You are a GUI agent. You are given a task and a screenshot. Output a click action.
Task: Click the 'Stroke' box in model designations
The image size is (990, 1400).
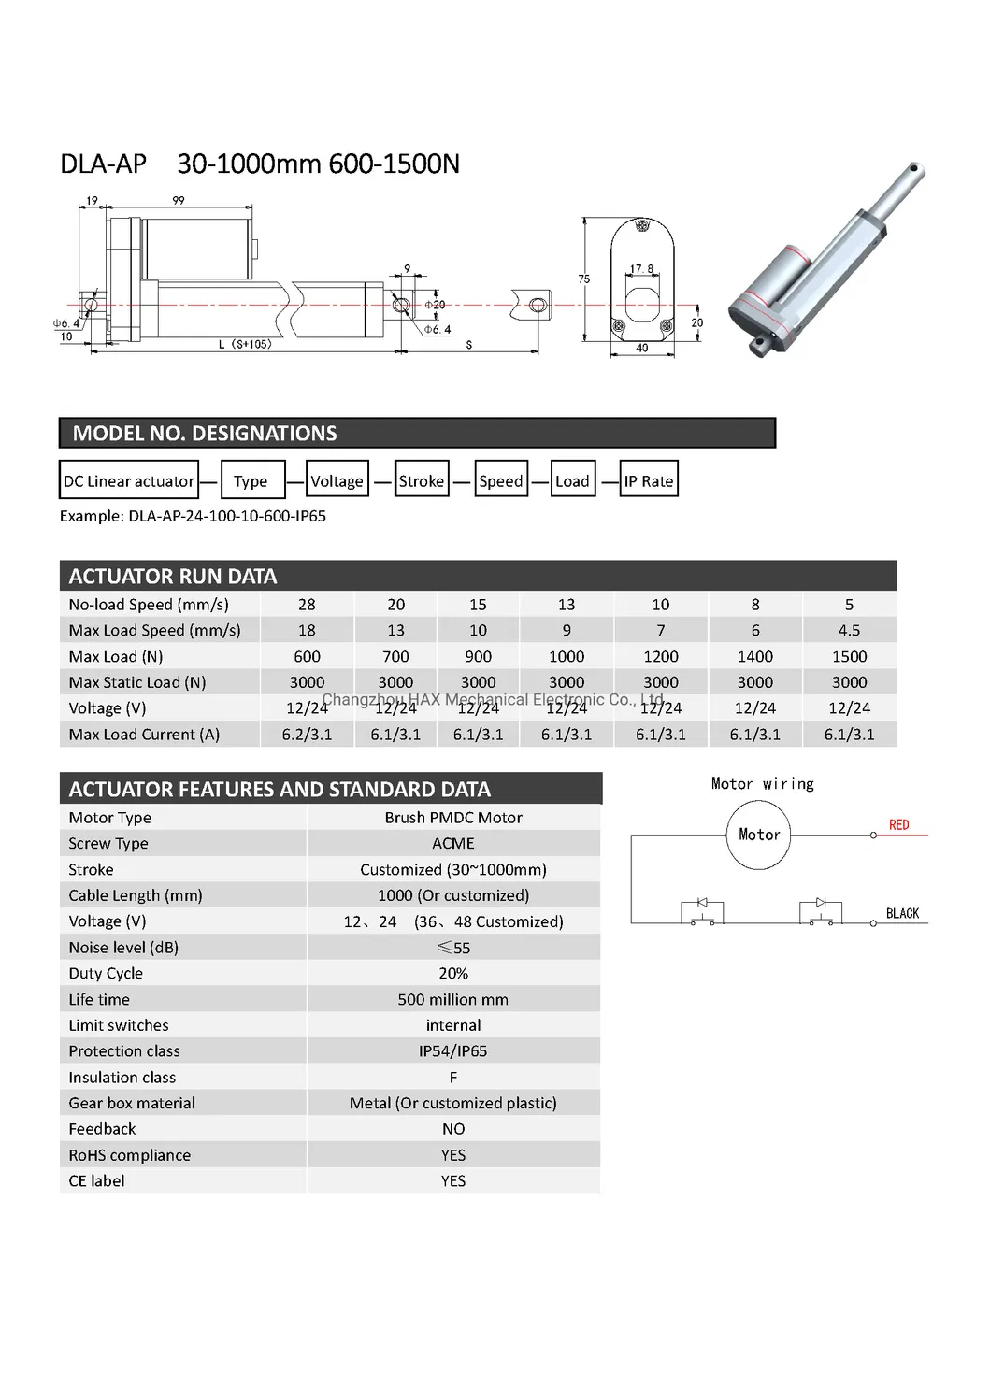coord(422,480)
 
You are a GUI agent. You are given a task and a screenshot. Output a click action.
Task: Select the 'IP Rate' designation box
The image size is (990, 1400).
coord(648,480)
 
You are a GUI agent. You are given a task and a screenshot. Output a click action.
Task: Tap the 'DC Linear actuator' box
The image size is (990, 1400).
coord(129,480)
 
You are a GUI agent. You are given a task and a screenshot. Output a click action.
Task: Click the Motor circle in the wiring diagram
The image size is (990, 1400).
coord(758,835)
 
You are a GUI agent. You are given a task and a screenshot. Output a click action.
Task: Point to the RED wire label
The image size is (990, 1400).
coord(898,824)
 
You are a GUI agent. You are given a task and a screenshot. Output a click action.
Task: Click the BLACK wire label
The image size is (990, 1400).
coord(902,913)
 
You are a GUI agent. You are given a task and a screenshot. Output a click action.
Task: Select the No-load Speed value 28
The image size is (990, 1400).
coord(307,605)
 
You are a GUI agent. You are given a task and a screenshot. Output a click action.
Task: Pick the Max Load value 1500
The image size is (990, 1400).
coord(849,656)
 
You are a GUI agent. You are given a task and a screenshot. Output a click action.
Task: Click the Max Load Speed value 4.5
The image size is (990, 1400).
coord(849,630)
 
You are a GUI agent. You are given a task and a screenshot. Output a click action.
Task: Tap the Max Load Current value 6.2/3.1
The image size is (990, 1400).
coord(307,735)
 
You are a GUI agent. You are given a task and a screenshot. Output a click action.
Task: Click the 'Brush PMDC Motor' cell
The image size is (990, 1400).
coord(453,818)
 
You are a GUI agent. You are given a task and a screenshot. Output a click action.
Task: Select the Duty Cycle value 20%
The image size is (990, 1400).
coord(453,973)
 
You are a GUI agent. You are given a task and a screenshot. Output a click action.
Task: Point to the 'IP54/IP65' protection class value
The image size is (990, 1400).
coord(453,1050)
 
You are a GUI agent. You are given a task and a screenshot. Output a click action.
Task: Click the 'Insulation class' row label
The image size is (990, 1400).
coord(122,1077)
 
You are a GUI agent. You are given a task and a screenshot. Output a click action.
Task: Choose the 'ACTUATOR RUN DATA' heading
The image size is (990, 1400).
coord(173,576)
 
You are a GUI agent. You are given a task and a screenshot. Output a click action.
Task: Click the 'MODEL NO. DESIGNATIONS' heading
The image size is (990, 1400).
coord(205,434)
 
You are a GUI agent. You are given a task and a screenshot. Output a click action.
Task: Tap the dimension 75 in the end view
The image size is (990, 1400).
coord(583,279)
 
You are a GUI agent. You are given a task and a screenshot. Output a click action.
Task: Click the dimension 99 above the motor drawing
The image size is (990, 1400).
coord(179,200)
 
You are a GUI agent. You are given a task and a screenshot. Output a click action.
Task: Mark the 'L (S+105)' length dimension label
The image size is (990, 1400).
coord(245,344)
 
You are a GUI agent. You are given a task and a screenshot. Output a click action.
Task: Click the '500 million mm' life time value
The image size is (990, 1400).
coord(453,999)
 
